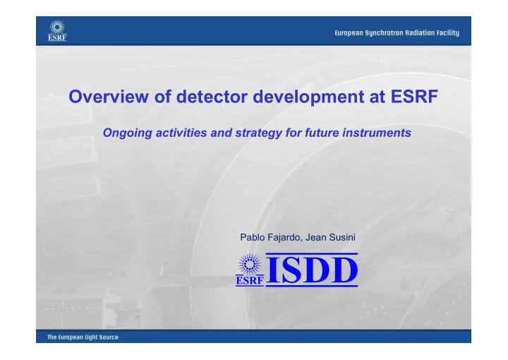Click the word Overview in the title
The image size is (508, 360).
tap(109, 96)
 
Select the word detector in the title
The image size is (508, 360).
tap(212, 96)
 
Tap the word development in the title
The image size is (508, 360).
tap(308, 97)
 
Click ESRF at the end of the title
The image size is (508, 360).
tap(414, 96)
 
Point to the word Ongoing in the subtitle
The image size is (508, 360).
tap(127, 133)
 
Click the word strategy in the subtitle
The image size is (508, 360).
tap(258, 133)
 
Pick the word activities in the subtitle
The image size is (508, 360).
tap(181, 133)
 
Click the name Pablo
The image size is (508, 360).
tap(252, 237)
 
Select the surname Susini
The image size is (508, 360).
tap(342, 237)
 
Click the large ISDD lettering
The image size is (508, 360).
tap(312, 270)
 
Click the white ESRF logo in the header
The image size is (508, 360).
tap(57, 30)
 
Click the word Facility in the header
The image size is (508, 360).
tap(448, 33)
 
